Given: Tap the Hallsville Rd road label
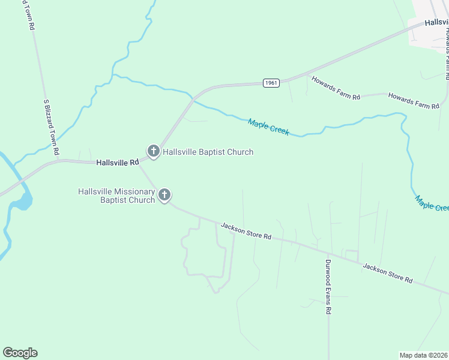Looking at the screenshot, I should click(x=118, y=162).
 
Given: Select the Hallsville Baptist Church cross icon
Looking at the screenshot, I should click(x=153, y=151).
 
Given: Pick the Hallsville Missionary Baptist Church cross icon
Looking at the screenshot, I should click(x=164, y=195).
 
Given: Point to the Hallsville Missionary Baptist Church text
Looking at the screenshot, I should click(x=116, y=196).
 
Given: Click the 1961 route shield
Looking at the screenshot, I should click(x=271, y=83).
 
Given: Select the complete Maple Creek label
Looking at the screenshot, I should click(x=268, y=127).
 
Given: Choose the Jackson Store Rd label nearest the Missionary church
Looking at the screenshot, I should click(x=246, y=231).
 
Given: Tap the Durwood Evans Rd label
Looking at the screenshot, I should click(x=328, y=287).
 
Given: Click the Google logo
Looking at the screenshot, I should click(x=20, y=353).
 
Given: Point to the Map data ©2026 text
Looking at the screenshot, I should click(x=424, y=355).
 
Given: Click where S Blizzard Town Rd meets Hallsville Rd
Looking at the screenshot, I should click(x=59, y=160).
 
